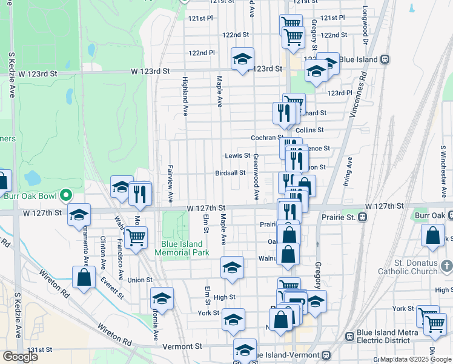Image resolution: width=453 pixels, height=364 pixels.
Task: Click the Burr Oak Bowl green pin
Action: tap(67, 196)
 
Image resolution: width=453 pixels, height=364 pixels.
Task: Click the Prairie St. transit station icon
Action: tap(363, 217)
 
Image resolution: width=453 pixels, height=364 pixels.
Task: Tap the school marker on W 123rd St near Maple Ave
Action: tap(242, 59)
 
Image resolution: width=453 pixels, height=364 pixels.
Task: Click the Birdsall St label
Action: tap(230, 172)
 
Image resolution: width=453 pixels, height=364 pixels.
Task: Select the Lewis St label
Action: tap(237, 156)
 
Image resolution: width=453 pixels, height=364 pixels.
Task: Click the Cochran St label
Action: tap(266, 138)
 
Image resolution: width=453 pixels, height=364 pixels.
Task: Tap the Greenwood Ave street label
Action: tap(256, 177)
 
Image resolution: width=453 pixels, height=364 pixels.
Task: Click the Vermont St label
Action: tap(182, 346)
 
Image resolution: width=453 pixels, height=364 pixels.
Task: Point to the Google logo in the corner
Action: tap(21, 356)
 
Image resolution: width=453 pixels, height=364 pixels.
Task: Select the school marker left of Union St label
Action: tap(162, 298)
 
